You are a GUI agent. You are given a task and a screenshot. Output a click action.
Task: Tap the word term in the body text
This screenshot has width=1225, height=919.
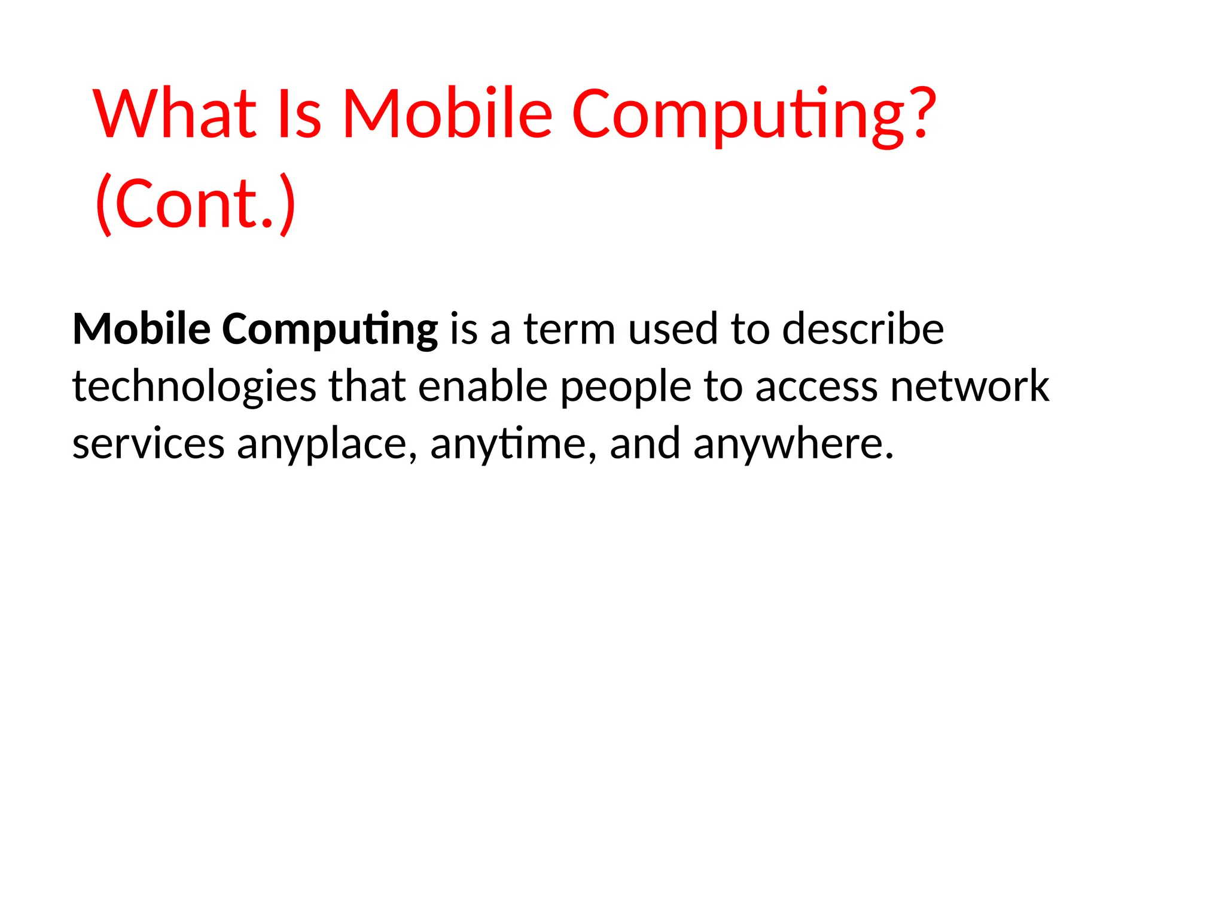[569, 330]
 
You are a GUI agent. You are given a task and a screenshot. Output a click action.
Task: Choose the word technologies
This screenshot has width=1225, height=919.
[194, 387]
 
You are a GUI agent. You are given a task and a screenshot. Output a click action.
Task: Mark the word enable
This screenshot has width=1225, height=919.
[482, 387]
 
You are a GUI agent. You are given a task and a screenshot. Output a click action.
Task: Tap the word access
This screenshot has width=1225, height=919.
[816, 388]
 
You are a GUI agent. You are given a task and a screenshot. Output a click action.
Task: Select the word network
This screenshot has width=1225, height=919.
[970, 387]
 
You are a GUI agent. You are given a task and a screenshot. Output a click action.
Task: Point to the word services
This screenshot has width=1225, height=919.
[148, 445]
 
